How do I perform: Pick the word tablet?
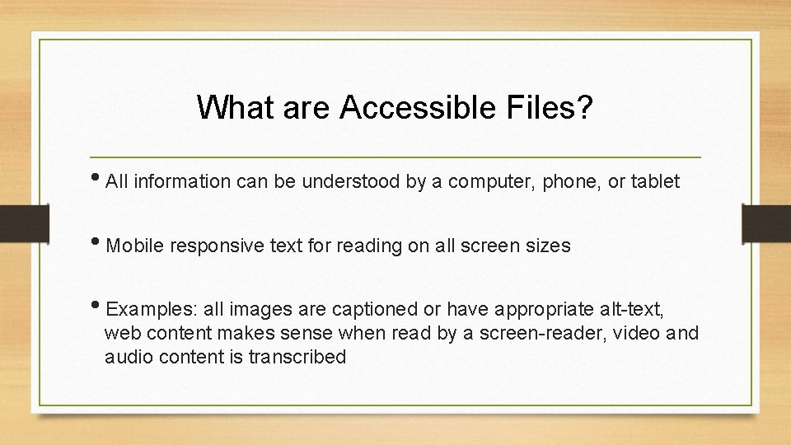[655, 182]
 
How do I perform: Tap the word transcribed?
[297, 358]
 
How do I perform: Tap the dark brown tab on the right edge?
[766, 222]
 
